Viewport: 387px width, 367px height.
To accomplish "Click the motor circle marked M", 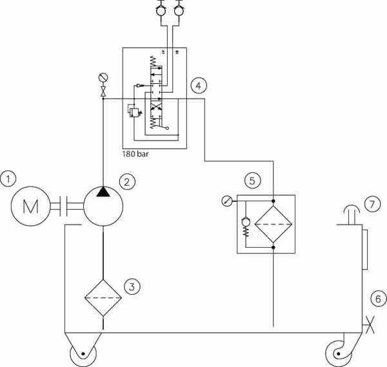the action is click(30, 206).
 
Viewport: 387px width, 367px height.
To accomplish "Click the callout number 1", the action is click(8, 179).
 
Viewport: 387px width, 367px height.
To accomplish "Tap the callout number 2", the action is click(127, 182).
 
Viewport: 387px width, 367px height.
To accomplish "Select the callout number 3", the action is click(132, 287).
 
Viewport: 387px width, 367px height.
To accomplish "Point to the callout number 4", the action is click(199, 86).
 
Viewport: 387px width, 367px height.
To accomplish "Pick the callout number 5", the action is click(252, 181).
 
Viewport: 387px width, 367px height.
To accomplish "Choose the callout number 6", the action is click(379, 299).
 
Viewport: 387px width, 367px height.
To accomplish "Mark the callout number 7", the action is click(372, 204).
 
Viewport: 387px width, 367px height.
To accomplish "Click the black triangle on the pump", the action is click(103, 192).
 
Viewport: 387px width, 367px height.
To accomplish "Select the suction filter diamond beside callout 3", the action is click(103, 298).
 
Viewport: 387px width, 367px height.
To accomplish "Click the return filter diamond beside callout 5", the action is click(273, 224).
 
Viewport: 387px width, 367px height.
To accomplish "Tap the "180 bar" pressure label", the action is click(135, 154).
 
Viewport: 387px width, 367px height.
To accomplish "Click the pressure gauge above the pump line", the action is click(103, 77).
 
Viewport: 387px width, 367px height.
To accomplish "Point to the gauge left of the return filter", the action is click(227, 201).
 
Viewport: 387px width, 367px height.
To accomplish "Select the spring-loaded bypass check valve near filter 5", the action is click(246, 226).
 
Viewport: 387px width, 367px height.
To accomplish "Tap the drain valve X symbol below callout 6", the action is click(370, 325).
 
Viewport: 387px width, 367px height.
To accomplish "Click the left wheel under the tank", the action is click(83, 354).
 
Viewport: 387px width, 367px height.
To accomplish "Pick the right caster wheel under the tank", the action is click(339, 353).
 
